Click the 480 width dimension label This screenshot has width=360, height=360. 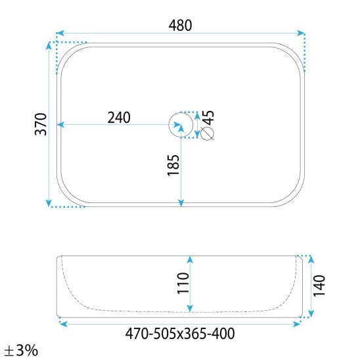180,25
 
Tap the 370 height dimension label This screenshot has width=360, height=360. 41,124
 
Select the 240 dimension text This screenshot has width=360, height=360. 119,118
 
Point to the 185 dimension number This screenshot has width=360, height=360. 173,166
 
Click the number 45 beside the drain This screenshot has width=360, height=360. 208,118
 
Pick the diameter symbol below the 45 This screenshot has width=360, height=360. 208,133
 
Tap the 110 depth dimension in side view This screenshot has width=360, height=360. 183,283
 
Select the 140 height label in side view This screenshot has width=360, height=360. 319,286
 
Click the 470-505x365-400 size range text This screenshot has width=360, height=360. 180,334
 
